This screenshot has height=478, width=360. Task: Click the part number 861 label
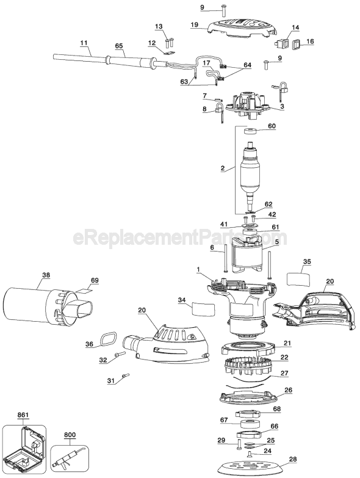[23, 415]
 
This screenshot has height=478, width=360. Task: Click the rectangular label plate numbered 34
[203, 309]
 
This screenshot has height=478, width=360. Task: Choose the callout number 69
[94, 280]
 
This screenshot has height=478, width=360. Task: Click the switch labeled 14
[283, 44]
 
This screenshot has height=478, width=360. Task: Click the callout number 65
[118, 45]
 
